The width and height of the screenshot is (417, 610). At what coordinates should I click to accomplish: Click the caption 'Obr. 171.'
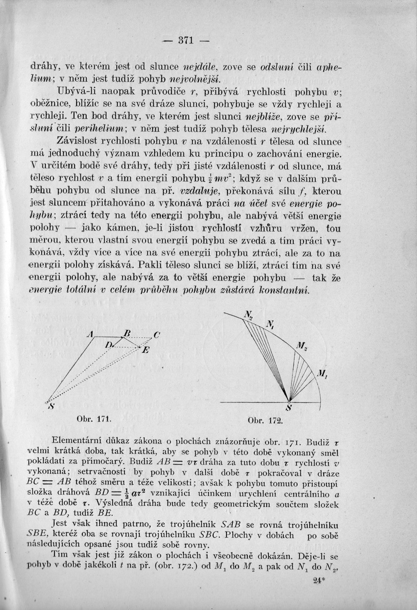tap(94, 419)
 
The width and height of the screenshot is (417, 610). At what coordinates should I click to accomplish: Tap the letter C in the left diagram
tap(157, 334)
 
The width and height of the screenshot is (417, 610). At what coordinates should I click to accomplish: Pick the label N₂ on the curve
tap(248, 315)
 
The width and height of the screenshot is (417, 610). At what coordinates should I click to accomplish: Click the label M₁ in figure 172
tap(321, 374)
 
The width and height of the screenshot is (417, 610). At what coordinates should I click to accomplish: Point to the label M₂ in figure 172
tap(302, 346)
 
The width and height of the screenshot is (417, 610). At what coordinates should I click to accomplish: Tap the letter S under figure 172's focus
tap(289, 408)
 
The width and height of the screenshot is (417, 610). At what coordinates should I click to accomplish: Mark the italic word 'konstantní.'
tap(284, 290)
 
